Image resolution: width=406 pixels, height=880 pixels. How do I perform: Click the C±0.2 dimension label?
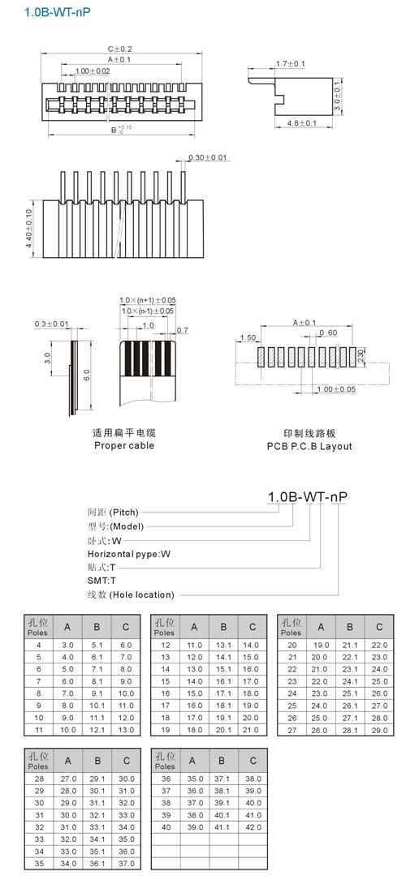120,49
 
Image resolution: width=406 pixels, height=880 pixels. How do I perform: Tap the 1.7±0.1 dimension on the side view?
291,64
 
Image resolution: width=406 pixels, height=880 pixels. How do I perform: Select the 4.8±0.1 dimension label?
301,123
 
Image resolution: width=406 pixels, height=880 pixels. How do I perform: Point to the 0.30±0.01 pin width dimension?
207,157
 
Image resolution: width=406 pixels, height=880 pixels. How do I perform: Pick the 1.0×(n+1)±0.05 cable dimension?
147,301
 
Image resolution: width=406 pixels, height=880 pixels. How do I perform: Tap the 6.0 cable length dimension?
86,376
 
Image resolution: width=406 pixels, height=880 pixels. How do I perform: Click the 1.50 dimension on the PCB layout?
248,338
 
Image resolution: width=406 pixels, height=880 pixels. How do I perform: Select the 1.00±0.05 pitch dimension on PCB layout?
337,389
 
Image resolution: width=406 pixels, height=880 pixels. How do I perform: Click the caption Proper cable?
123,445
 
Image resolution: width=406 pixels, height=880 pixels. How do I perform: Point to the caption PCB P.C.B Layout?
309,446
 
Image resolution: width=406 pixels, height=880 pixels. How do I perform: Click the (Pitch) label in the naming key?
123,512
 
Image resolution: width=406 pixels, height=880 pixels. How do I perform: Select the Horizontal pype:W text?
129,554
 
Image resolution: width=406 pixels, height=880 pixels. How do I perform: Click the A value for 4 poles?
67,646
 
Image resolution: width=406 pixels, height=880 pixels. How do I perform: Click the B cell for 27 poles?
350,730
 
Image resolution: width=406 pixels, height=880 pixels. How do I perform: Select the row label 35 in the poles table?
38,863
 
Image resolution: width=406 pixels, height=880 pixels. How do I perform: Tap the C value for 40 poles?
253,827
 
